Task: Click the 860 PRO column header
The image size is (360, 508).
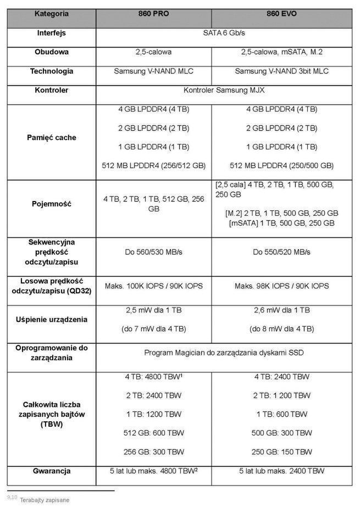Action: click(x=153, y=13)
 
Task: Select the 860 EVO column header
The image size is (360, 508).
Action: click(x=281, y=13)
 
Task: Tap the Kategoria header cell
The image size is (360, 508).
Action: click(x=51, y=13)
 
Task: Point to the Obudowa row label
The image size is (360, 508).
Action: click(x=51, y=52)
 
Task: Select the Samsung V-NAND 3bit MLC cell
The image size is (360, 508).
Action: click(x=281, y=71)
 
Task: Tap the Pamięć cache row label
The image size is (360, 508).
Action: click(x=51, y=137)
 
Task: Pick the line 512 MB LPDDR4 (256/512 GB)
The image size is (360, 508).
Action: click(x=154, y=165)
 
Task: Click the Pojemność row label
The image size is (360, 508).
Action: click(x=51, y=204)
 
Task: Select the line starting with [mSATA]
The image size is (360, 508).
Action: click(x=281, y=223)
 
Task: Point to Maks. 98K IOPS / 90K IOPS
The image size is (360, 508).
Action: click(x=281, y=286)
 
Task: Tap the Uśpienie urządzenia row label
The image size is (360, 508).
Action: click(x=51, y=319)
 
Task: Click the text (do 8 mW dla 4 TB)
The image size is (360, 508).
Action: click(x=281, y=329)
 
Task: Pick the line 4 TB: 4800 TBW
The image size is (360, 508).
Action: click(x=154, y=377)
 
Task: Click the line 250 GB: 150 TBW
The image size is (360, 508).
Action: click(x=281, y=452)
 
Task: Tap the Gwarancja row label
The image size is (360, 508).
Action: click(x=51, y=471)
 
